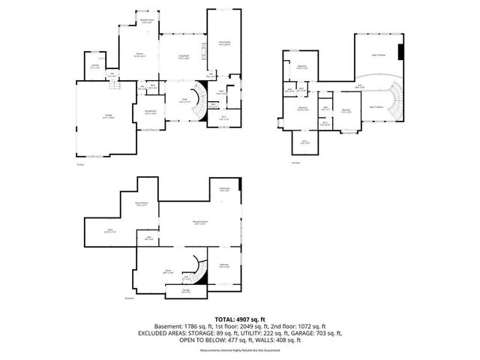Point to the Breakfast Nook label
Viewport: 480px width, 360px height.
pyautogui.click(x=148, y=22)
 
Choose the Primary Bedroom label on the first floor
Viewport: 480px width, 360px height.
pyautogui.click(x=224, y=44)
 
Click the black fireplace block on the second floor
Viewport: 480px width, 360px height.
pyautogui.click(x=401, y=53)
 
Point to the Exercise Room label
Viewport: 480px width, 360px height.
pyautogui.click(x=141, y=204)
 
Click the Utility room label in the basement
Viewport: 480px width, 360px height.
pyautogui.click(x=109, y=232)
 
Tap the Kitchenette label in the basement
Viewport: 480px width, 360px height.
pyautogui.click(x=224, y=189)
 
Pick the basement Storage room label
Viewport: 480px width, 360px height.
pyautogui.click(x=186, y=291)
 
